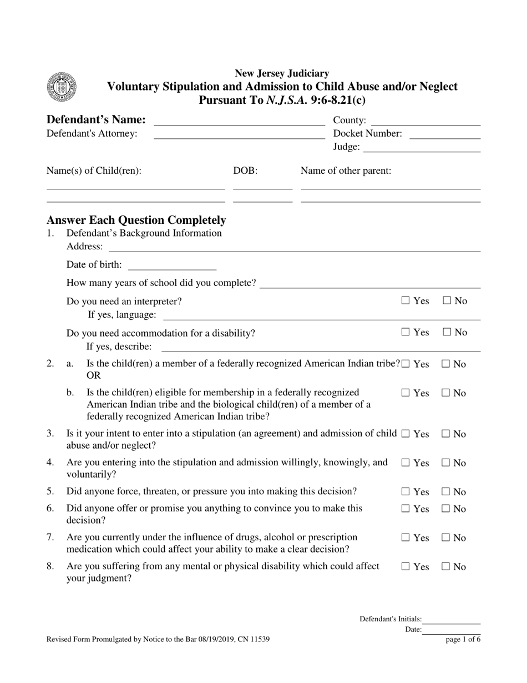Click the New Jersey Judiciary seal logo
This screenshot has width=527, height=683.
(x=62, y=87)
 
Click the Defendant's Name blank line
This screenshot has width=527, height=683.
(x=239, y=124)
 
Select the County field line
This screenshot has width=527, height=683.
(x=425, y=124)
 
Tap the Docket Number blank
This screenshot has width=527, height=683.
(x=445, y=137)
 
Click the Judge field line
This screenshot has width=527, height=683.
(x=422, y=150)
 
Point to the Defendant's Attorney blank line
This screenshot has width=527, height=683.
(x=239, y=137)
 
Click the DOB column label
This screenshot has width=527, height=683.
(x=245, y=170)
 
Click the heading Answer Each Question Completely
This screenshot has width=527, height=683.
(x=136, y=220)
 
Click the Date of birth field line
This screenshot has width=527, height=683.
(x=172, y=268)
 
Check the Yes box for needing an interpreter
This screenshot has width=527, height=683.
(x=406, y=301)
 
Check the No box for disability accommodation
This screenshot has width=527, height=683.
(x=447, y=333)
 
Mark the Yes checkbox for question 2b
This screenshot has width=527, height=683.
(x=406, y=393)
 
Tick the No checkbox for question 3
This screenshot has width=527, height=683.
(x=447, y=434)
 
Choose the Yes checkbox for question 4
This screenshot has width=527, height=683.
(x=406, y=463)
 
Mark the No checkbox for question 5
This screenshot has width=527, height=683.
(x=447, y=492)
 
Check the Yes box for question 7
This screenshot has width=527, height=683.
(x=406, y=538)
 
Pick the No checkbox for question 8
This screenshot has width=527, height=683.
(x=447, y=567)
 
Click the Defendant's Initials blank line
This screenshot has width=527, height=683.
(x=452, y=622)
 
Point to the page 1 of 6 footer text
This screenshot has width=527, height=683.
(x=463, y=640)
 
